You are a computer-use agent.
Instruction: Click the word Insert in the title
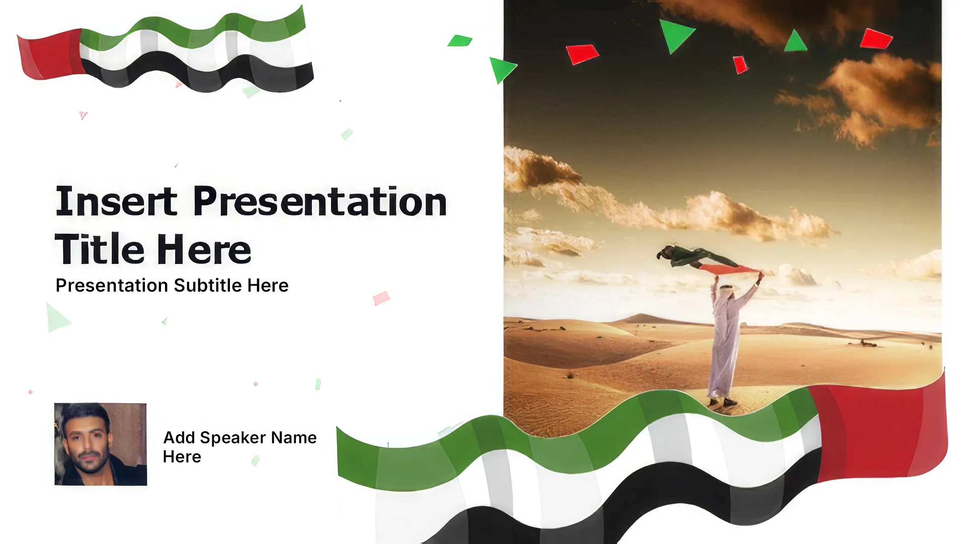click(x=116, y=201)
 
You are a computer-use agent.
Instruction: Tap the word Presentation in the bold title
click(x=320, y=201)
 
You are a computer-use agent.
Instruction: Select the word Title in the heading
click(x=100, y=249)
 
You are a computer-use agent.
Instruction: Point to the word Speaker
click(x=233, y=438)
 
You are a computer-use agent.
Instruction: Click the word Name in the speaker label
click(x=294, y=438)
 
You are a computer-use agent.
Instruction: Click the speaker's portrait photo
click(x=101, y=444)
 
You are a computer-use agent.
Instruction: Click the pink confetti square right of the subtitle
click(x=381, y=298)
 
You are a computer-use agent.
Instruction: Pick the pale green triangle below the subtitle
click(x=57, y=318)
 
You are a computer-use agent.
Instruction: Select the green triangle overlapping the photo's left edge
click(x=502, y=70)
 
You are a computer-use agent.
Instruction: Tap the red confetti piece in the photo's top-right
click(x=876, y=39)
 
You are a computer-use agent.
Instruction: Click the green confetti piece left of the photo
click(x=460, y=41)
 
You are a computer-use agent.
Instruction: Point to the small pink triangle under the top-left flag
click(x=83, y=115)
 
